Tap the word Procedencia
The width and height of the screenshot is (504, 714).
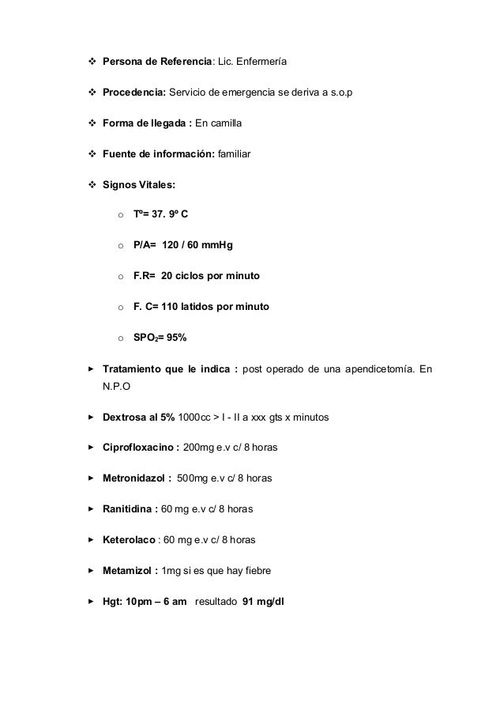pyautogui.click(x=133, y=93)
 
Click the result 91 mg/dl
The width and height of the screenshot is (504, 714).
pyautogui.click(x=264, y=602)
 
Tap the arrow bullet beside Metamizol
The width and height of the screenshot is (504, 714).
pyautogui.click(x=92, y=571)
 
